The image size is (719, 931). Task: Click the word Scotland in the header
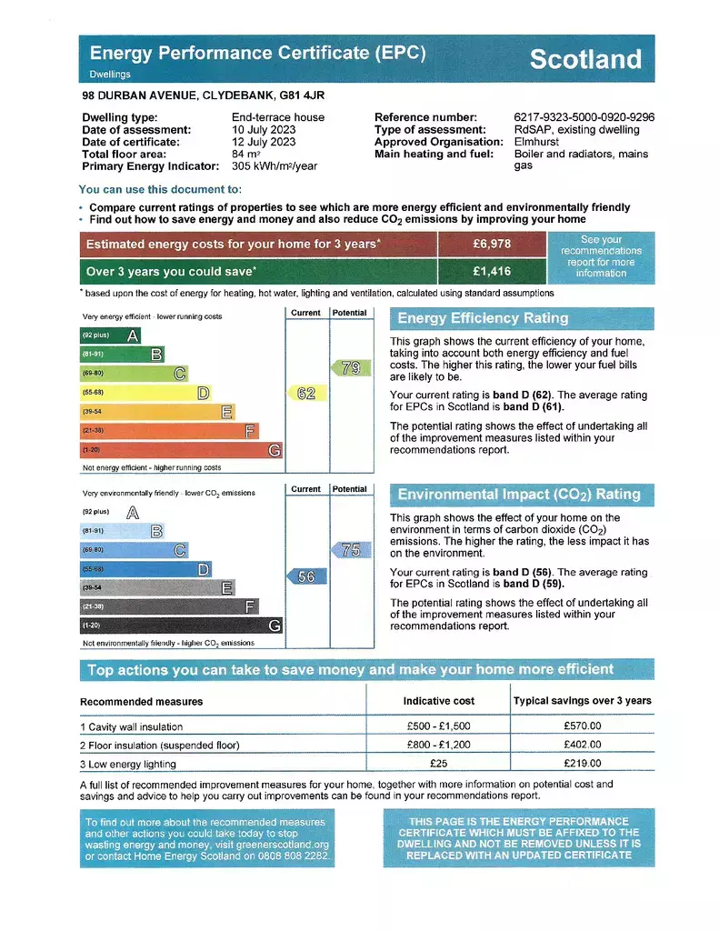tap(584, 60)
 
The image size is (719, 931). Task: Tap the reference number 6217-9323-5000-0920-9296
tap(584, 117)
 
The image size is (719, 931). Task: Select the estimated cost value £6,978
tap(492, 245)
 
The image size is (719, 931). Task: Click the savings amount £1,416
tap(492, 271)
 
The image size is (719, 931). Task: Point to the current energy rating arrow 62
tap(305, 393)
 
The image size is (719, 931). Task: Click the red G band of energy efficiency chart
tap(181, 450)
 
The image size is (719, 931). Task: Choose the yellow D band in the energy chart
tap(145, 393)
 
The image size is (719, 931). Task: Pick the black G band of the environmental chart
tap(181, 626)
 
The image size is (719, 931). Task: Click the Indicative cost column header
tap(439, 701)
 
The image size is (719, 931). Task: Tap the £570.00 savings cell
tap(583, 726)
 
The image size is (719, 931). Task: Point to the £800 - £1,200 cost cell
tap(439, 746)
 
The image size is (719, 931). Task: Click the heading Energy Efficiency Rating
tap(483, 318)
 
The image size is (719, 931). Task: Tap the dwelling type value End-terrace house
tap(278, 117)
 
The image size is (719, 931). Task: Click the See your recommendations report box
tap(600, 256)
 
